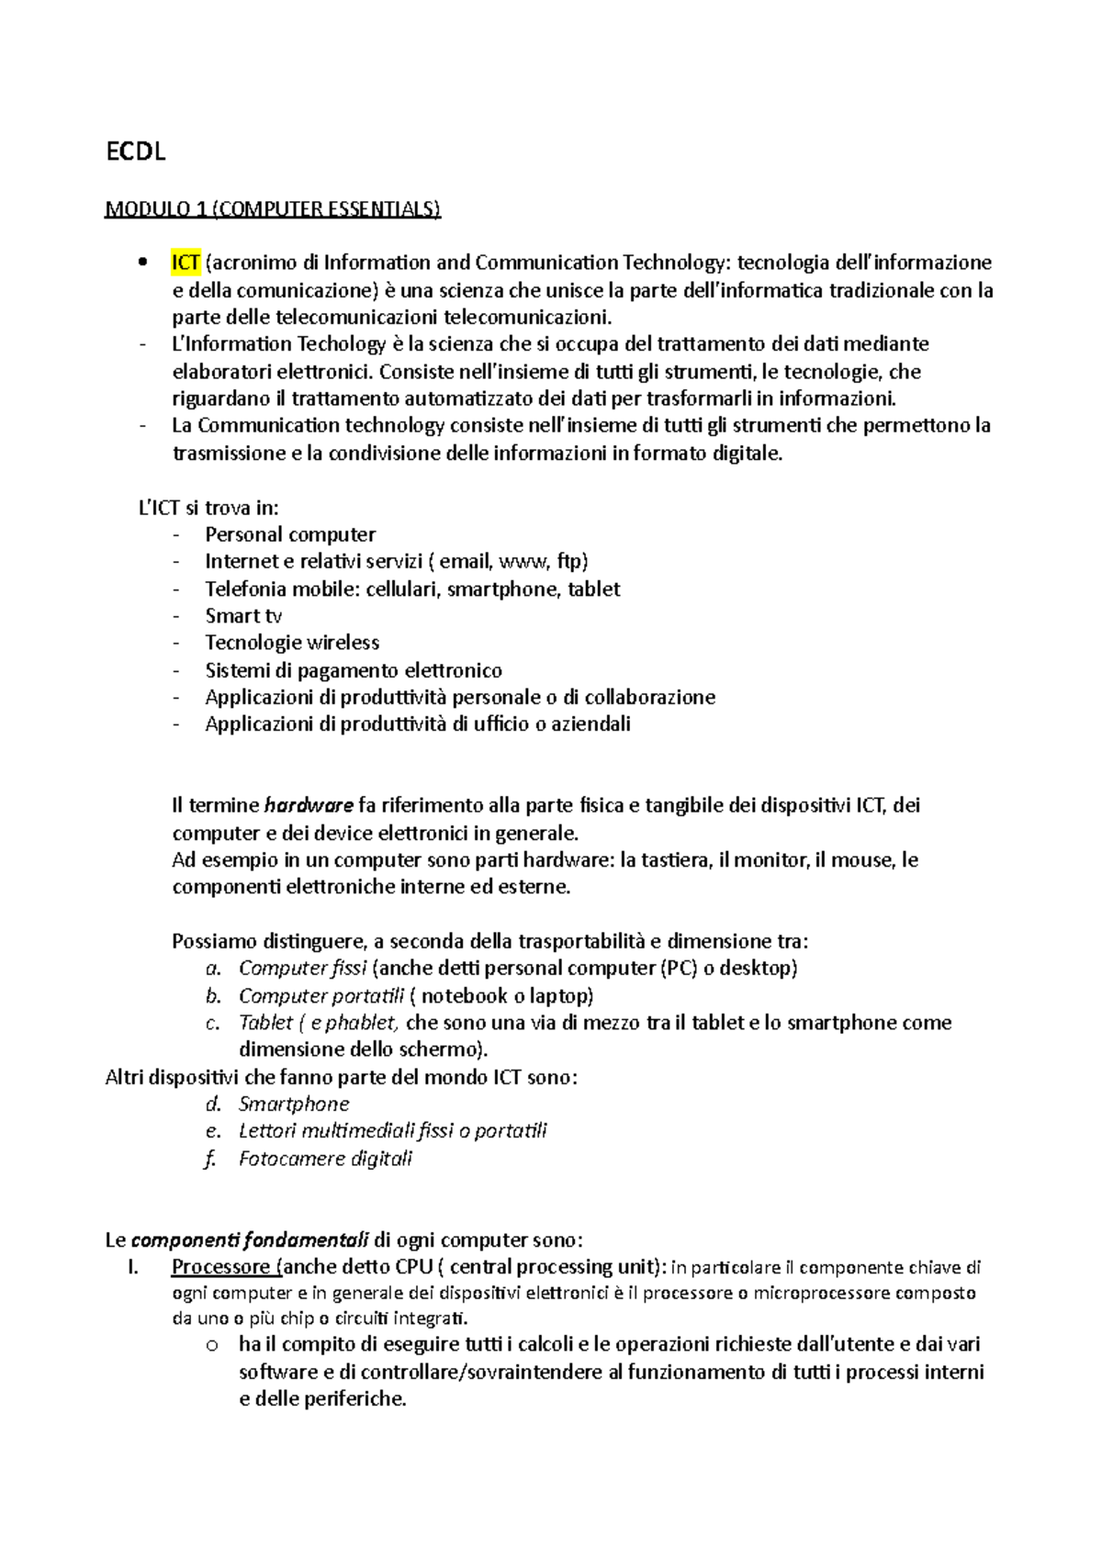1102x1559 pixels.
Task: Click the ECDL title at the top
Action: point(136,152)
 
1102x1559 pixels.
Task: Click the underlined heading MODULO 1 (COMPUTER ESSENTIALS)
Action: point(273,209)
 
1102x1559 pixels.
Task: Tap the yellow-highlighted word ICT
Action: point(186,263)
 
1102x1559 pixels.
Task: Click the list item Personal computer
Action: point(290,534)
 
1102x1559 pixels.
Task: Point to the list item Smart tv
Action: point(243,616)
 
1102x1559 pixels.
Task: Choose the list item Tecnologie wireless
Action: point(292,643)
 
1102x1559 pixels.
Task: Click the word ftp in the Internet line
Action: point(569,561)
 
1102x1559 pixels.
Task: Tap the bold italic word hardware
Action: point(309,806)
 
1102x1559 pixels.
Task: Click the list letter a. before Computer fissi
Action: point(213,969)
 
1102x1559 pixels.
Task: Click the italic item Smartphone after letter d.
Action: point(294,1105)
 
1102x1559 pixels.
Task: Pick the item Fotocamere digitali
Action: point(325,1159)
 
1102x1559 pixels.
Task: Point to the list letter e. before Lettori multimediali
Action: point(213,1131)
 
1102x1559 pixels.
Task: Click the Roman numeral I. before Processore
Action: point(134,1268)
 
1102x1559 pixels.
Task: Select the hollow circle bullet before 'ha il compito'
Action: point(212,1346)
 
